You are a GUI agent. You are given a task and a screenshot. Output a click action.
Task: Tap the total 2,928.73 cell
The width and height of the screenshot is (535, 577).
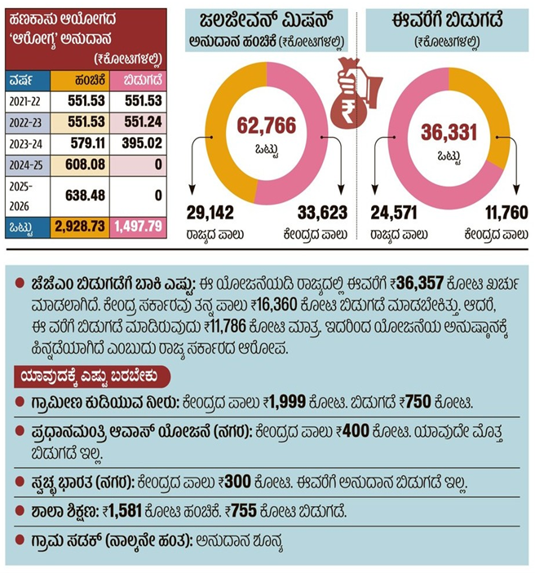80,225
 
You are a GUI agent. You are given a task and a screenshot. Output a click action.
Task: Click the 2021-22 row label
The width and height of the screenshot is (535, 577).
26,100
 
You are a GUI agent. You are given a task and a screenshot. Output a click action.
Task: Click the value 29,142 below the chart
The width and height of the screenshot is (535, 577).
212,214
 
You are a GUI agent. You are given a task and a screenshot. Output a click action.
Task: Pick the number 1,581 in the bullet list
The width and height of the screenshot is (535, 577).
129,512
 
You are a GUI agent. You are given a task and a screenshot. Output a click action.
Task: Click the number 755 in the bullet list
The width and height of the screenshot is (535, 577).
248,512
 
